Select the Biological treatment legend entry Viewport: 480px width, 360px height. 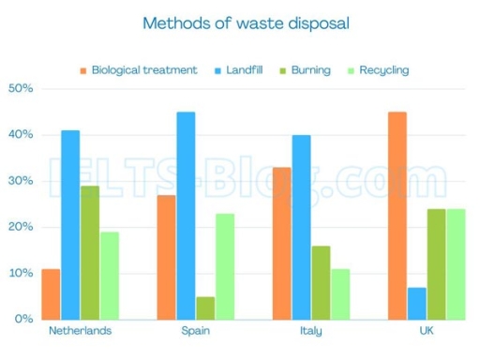click(x=144, y=70)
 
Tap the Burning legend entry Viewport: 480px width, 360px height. click(x=309, y=70)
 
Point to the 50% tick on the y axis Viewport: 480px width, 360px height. click(x=21, y=89)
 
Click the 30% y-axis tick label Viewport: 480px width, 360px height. click(x=21, y=181)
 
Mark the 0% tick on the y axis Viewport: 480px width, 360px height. click(x=23, y=319)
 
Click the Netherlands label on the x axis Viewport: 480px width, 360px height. click(x=79, y=331)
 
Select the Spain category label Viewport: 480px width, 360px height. click(x=195, y=331)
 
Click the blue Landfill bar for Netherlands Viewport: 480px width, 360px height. click(x=70, y=225)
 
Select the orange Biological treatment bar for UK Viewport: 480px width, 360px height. click(x=397, y=216)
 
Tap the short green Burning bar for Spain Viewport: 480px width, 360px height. click(x=205, y=307)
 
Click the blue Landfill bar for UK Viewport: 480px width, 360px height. click(x=417, y=303)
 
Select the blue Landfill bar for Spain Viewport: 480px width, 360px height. click(x=186, y=216)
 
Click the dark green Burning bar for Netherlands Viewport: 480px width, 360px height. click(x=90, y=252)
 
